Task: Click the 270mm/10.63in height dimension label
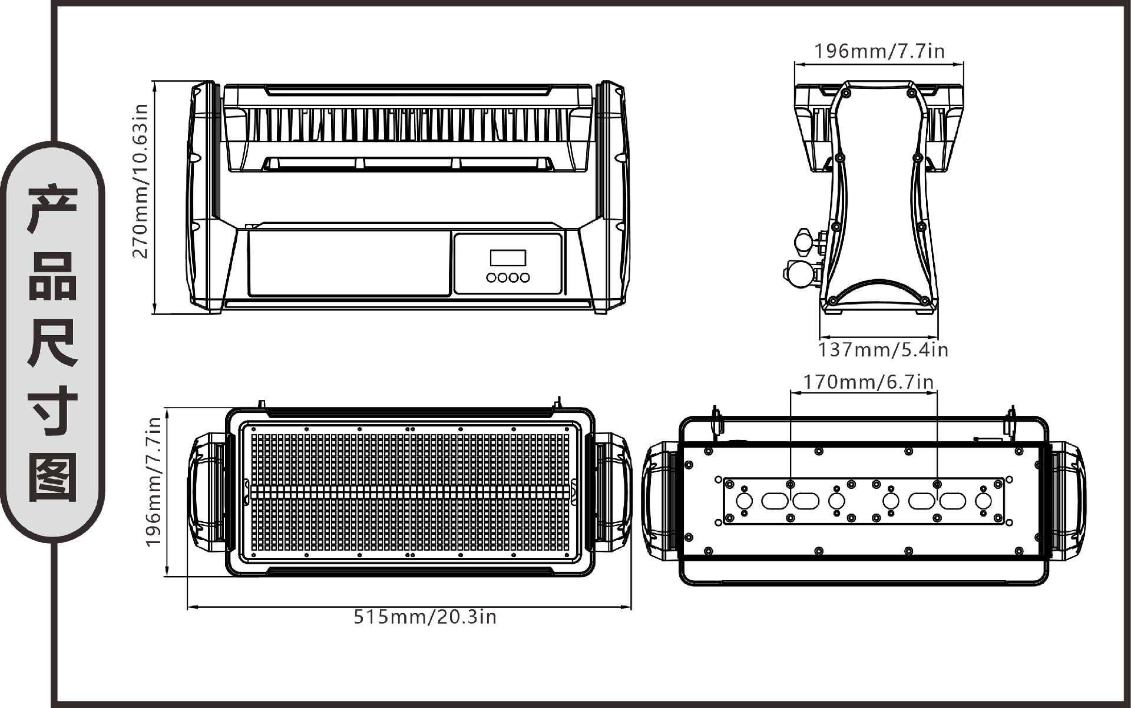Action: (x=140, y=181)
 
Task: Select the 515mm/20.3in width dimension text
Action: (x=425, y=617)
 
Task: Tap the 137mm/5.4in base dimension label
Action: (x=882, y=350)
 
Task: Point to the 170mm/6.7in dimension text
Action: (x=868, y=382)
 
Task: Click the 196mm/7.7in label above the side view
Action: (x=879, y=51)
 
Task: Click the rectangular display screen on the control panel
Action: (x=508, y=257)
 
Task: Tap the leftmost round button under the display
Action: (x=491, y=277)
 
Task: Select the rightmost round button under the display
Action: (x=524, y=277)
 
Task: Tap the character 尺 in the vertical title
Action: (x=53, y=343)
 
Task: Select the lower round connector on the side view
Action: (x=798, y=274)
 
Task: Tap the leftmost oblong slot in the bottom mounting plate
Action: (x=775, y=501)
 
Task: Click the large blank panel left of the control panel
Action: (x=349, y=263)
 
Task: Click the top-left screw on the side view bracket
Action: (x=846, y=93)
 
